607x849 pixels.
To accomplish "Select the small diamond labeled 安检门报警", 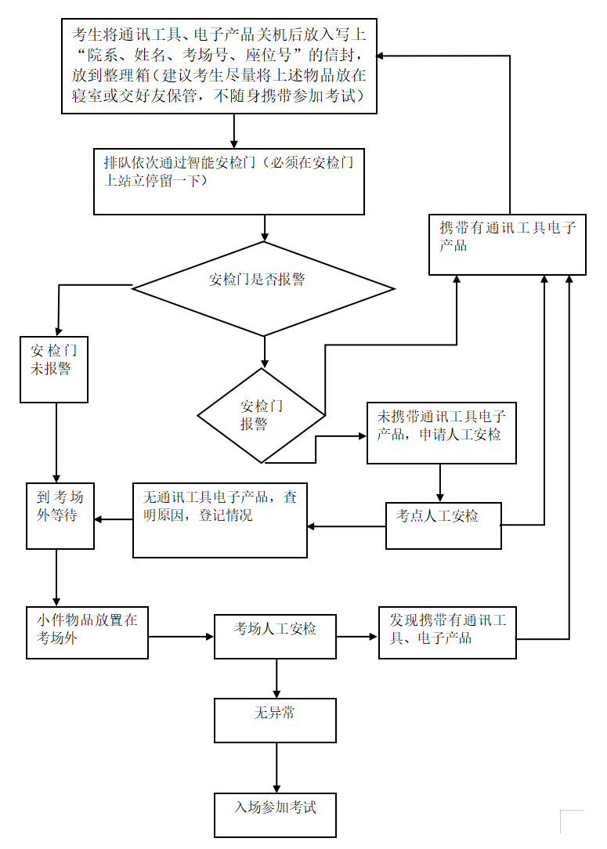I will [x=261, y=415].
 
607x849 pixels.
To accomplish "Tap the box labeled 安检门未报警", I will [x=54, y=369].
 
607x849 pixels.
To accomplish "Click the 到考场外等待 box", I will [x=60, y=515].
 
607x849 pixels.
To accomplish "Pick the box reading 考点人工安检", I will [x=443, y=525].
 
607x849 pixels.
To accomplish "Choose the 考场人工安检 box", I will [x=275, y=636].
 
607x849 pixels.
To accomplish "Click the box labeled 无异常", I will [x=275, y=720].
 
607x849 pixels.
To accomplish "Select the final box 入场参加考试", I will [x=275, y=815].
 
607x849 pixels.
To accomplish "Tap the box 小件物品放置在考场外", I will [x=87, y=632].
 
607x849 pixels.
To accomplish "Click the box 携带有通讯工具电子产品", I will [x=507, y=244].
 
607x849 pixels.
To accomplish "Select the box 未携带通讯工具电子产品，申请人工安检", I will [x=442, y=432].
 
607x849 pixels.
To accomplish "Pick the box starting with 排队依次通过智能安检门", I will [x=229, y=181].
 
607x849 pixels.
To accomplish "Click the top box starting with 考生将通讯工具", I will [x=219, y=66].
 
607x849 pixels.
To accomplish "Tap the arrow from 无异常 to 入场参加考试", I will [x=276, y=768].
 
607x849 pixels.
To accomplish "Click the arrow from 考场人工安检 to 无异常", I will [x=276, y=678].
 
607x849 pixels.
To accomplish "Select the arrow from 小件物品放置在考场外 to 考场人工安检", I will [x=181, y=636].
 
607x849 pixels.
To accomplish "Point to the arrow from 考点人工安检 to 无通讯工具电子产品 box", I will [x=346, y=526].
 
